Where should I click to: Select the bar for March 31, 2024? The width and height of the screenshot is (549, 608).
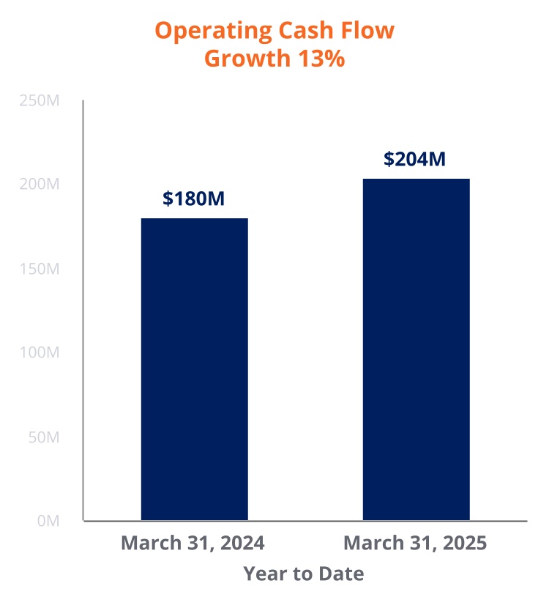[194, 369]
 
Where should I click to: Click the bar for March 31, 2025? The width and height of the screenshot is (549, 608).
[416, 349]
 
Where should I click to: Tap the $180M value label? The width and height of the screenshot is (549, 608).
[194, 199]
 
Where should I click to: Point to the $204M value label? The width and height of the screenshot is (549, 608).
[414, 159]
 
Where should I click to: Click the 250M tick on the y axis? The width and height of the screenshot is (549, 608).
[40, 100]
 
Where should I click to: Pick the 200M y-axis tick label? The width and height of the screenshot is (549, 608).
[40, 185]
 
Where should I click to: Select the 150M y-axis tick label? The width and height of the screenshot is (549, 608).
[40, 269]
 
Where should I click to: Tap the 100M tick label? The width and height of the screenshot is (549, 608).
[40, 353]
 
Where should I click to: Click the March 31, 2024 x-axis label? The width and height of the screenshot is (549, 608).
[193, 544]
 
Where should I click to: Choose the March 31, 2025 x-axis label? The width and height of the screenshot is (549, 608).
[415, 544]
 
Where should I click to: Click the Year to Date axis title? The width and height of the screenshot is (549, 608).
[303, 574]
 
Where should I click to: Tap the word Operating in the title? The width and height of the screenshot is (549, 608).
[212, 31]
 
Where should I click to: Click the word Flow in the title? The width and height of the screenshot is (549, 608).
[370, 31]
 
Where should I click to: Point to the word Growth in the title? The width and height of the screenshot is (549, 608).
[247, 59]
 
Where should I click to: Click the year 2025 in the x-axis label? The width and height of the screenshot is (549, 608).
[464, 544]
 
